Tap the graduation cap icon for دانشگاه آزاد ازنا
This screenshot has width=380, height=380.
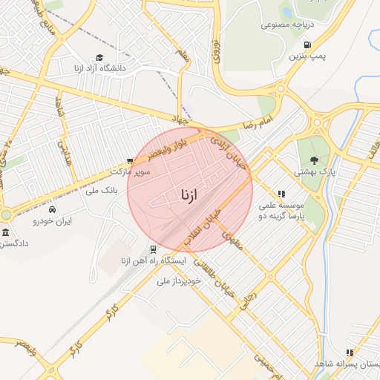pos(99,58)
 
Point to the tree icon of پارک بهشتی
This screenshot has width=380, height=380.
pos(315,160)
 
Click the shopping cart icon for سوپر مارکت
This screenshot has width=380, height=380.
pos(131,160)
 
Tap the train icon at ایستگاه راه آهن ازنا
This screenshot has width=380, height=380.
pos(152,249)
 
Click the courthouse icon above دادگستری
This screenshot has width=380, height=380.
pos(6,234)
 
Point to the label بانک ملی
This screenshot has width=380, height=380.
pos(102,191)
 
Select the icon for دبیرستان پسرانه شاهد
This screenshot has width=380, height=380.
pos(349,353)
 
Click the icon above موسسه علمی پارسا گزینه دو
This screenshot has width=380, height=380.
pos(281,194)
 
